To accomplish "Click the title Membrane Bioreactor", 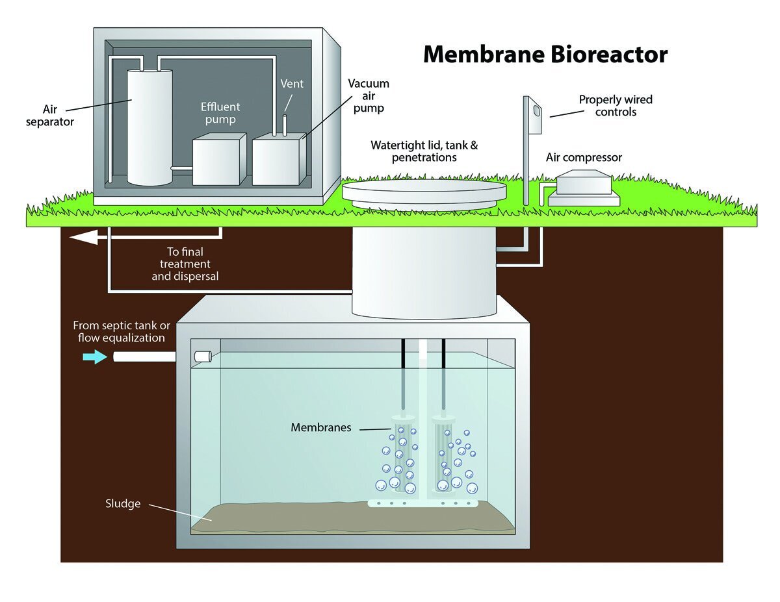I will point(545,55).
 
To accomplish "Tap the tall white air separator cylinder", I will point(149,127).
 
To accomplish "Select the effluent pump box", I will point(219,159).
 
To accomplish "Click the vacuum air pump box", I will point(279,160).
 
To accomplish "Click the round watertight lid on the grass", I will point(424,193).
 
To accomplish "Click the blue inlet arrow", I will point(95,357).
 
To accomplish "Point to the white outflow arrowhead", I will point(83,238).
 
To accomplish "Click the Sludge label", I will point(123,503).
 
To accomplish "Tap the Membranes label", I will point(320,427).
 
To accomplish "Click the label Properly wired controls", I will point(616,105).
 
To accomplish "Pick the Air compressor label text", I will point(583,158).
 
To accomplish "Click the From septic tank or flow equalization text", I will point(122,331).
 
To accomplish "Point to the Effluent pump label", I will point(220,113).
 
